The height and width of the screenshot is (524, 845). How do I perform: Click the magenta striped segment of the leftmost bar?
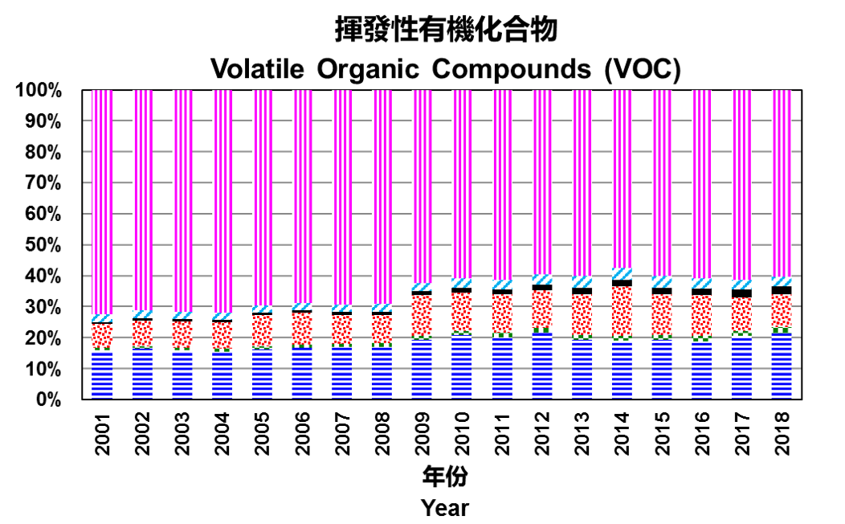(102, 201)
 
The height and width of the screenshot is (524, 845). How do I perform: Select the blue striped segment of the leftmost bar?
(102, 375)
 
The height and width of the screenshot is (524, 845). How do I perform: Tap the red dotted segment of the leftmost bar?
(102, 336)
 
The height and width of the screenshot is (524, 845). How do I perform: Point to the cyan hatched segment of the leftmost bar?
(102, 318)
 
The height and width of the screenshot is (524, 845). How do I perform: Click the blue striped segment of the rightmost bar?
(782, 366)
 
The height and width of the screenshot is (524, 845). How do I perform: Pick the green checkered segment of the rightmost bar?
(782, 330)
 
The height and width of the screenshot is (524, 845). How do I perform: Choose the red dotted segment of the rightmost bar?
(782, 310)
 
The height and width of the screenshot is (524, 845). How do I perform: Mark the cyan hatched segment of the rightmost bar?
(782, 281)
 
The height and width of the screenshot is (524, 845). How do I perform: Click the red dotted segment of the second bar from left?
(142, 334)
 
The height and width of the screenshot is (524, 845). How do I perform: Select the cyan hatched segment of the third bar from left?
(182, 315)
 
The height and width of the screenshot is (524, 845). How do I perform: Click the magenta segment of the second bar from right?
(741, 185)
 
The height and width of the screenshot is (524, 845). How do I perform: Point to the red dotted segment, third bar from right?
(702, 315)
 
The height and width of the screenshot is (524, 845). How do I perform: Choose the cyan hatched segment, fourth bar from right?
(662, 282)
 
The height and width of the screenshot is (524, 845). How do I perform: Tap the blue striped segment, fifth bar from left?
(262, 375)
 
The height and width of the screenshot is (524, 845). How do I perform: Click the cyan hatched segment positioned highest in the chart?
(622, 274)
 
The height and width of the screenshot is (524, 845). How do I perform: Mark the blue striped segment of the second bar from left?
(142, 373)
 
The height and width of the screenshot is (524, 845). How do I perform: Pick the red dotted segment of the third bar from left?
(182, 335)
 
